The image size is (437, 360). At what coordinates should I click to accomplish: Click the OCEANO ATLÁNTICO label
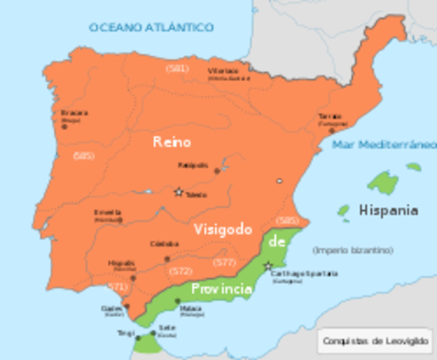coord(151,27)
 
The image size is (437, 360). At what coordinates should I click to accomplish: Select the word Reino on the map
coord(172,141)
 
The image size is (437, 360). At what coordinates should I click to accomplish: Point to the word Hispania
coord(388,210)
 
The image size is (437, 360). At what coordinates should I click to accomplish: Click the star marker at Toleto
coord(178,192)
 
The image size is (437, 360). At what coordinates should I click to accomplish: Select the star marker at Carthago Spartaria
coord(267,265)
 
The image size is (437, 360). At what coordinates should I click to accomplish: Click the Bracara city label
coord(74,113)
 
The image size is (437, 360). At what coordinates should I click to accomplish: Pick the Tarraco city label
coord(330,117)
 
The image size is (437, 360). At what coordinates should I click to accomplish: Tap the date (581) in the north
coord(177,69)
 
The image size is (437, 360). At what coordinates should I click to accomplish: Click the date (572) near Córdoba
coord(180,270)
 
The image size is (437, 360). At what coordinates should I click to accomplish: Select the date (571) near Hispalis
coord(117,286)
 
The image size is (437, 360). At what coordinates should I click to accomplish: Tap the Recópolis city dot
coord(217,171)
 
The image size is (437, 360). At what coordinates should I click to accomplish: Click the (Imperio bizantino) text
coord(353,250)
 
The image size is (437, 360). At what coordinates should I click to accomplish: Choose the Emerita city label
coord(108,212)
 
